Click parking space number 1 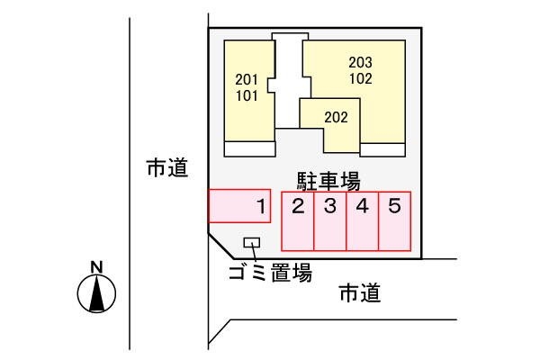click(239, 206)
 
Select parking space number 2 click(298, 221)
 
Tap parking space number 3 click(330, 221)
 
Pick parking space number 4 click(363, 221)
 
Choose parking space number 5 click(395, 221)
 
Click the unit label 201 click(246, 77)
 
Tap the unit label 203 click(360, 63)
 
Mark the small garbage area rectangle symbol click(252, 242)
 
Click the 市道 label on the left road click(167, 167)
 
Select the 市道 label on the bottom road click(359, 293)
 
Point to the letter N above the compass click(97, 265)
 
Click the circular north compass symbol click(97, 293)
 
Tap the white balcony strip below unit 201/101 click(249, 148)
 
